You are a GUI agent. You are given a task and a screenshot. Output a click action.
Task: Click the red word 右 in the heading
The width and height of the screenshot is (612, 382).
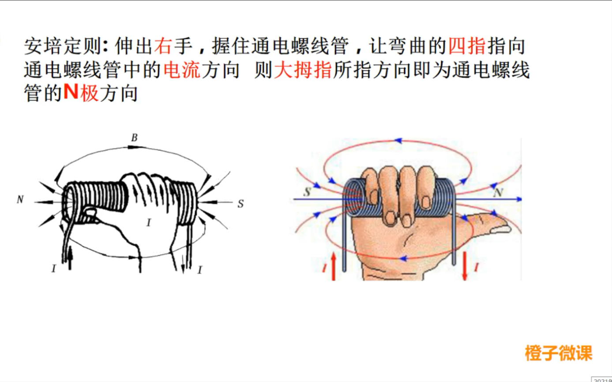163,46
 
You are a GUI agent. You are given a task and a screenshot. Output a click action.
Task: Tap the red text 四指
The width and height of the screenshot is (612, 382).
467,46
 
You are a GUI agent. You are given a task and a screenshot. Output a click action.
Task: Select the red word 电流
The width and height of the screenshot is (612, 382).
182,70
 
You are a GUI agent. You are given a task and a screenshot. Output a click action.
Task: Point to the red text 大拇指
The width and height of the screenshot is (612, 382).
303,70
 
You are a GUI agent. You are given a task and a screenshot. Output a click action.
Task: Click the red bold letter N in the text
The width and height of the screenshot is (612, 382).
71,92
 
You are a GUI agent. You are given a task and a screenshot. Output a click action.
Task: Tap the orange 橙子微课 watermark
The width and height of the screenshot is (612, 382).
559,353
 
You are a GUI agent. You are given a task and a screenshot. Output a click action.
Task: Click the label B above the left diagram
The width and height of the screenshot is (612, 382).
134,138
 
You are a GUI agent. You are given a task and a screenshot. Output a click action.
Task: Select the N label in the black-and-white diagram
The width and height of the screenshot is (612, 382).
20,199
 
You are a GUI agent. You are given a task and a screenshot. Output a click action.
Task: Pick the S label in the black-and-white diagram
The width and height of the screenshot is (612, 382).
240,204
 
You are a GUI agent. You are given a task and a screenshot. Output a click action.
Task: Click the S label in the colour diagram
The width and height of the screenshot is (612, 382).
307,192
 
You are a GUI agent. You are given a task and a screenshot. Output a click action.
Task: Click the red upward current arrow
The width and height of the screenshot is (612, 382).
333,266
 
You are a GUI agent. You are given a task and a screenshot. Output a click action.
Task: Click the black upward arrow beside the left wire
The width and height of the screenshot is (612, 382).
70,258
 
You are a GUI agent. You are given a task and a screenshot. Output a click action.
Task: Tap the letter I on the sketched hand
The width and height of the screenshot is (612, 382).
149,222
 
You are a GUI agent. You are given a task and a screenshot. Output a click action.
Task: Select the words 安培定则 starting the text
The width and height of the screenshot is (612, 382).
63,46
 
